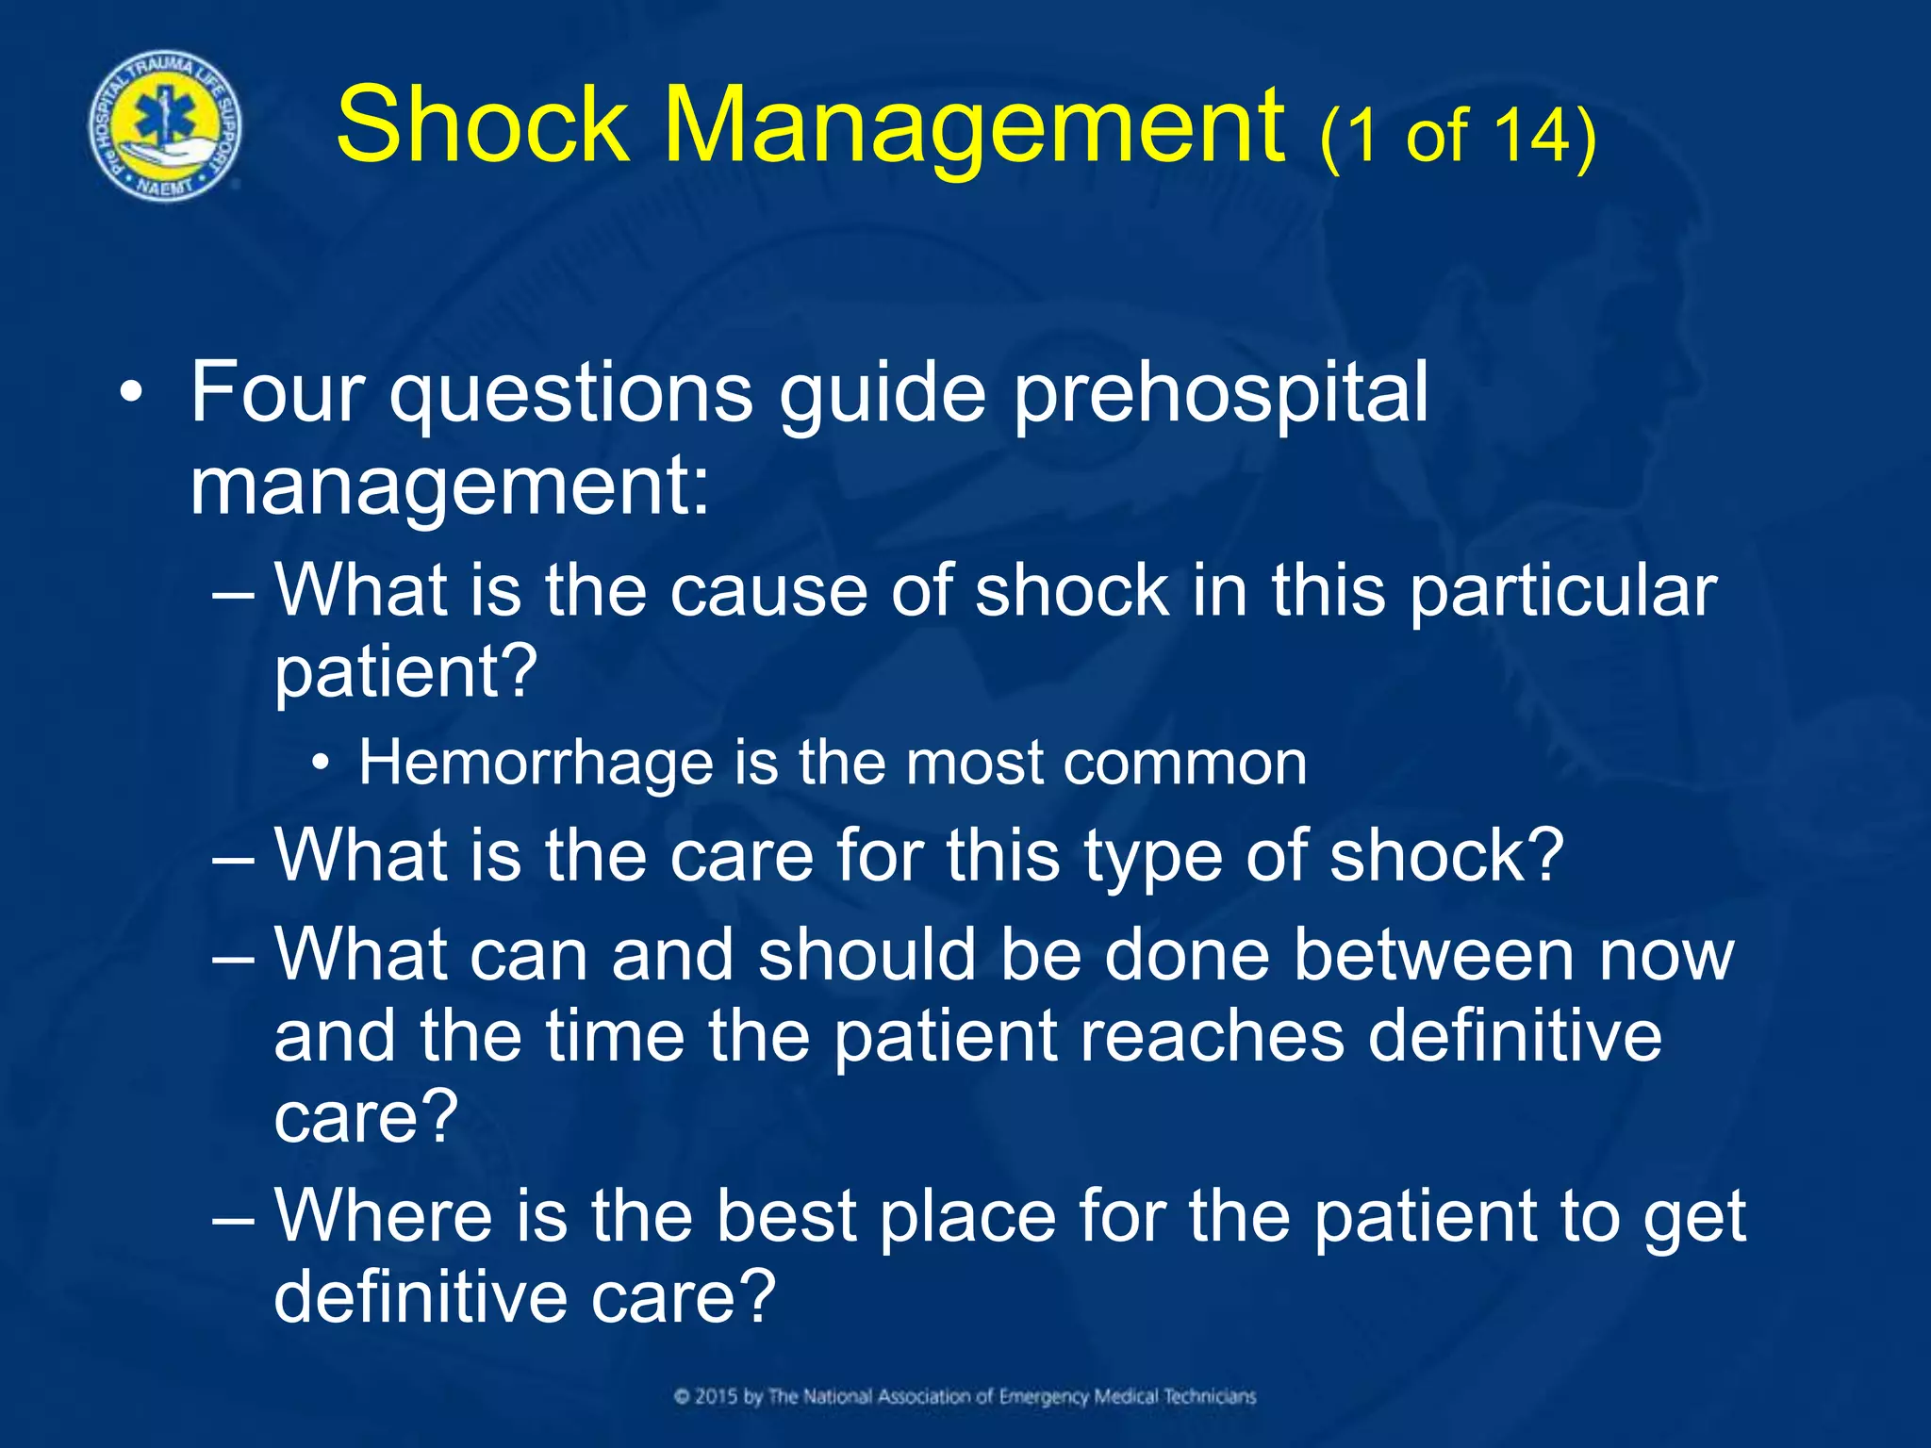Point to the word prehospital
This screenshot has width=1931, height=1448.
[x=1220, y=394]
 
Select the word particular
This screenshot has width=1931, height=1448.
[x=1563, y=592]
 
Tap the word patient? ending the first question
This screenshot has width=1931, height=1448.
[x=405, y=671]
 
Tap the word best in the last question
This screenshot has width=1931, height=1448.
[x=785, y=1215]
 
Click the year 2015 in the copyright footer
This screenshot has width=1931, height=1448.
[x=717, y=1396]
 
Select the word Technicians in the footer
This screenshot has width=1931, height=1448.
[x=1210, y=1396]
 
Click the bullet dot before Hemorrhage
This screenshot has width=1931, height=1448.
[x=322, y=763]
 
